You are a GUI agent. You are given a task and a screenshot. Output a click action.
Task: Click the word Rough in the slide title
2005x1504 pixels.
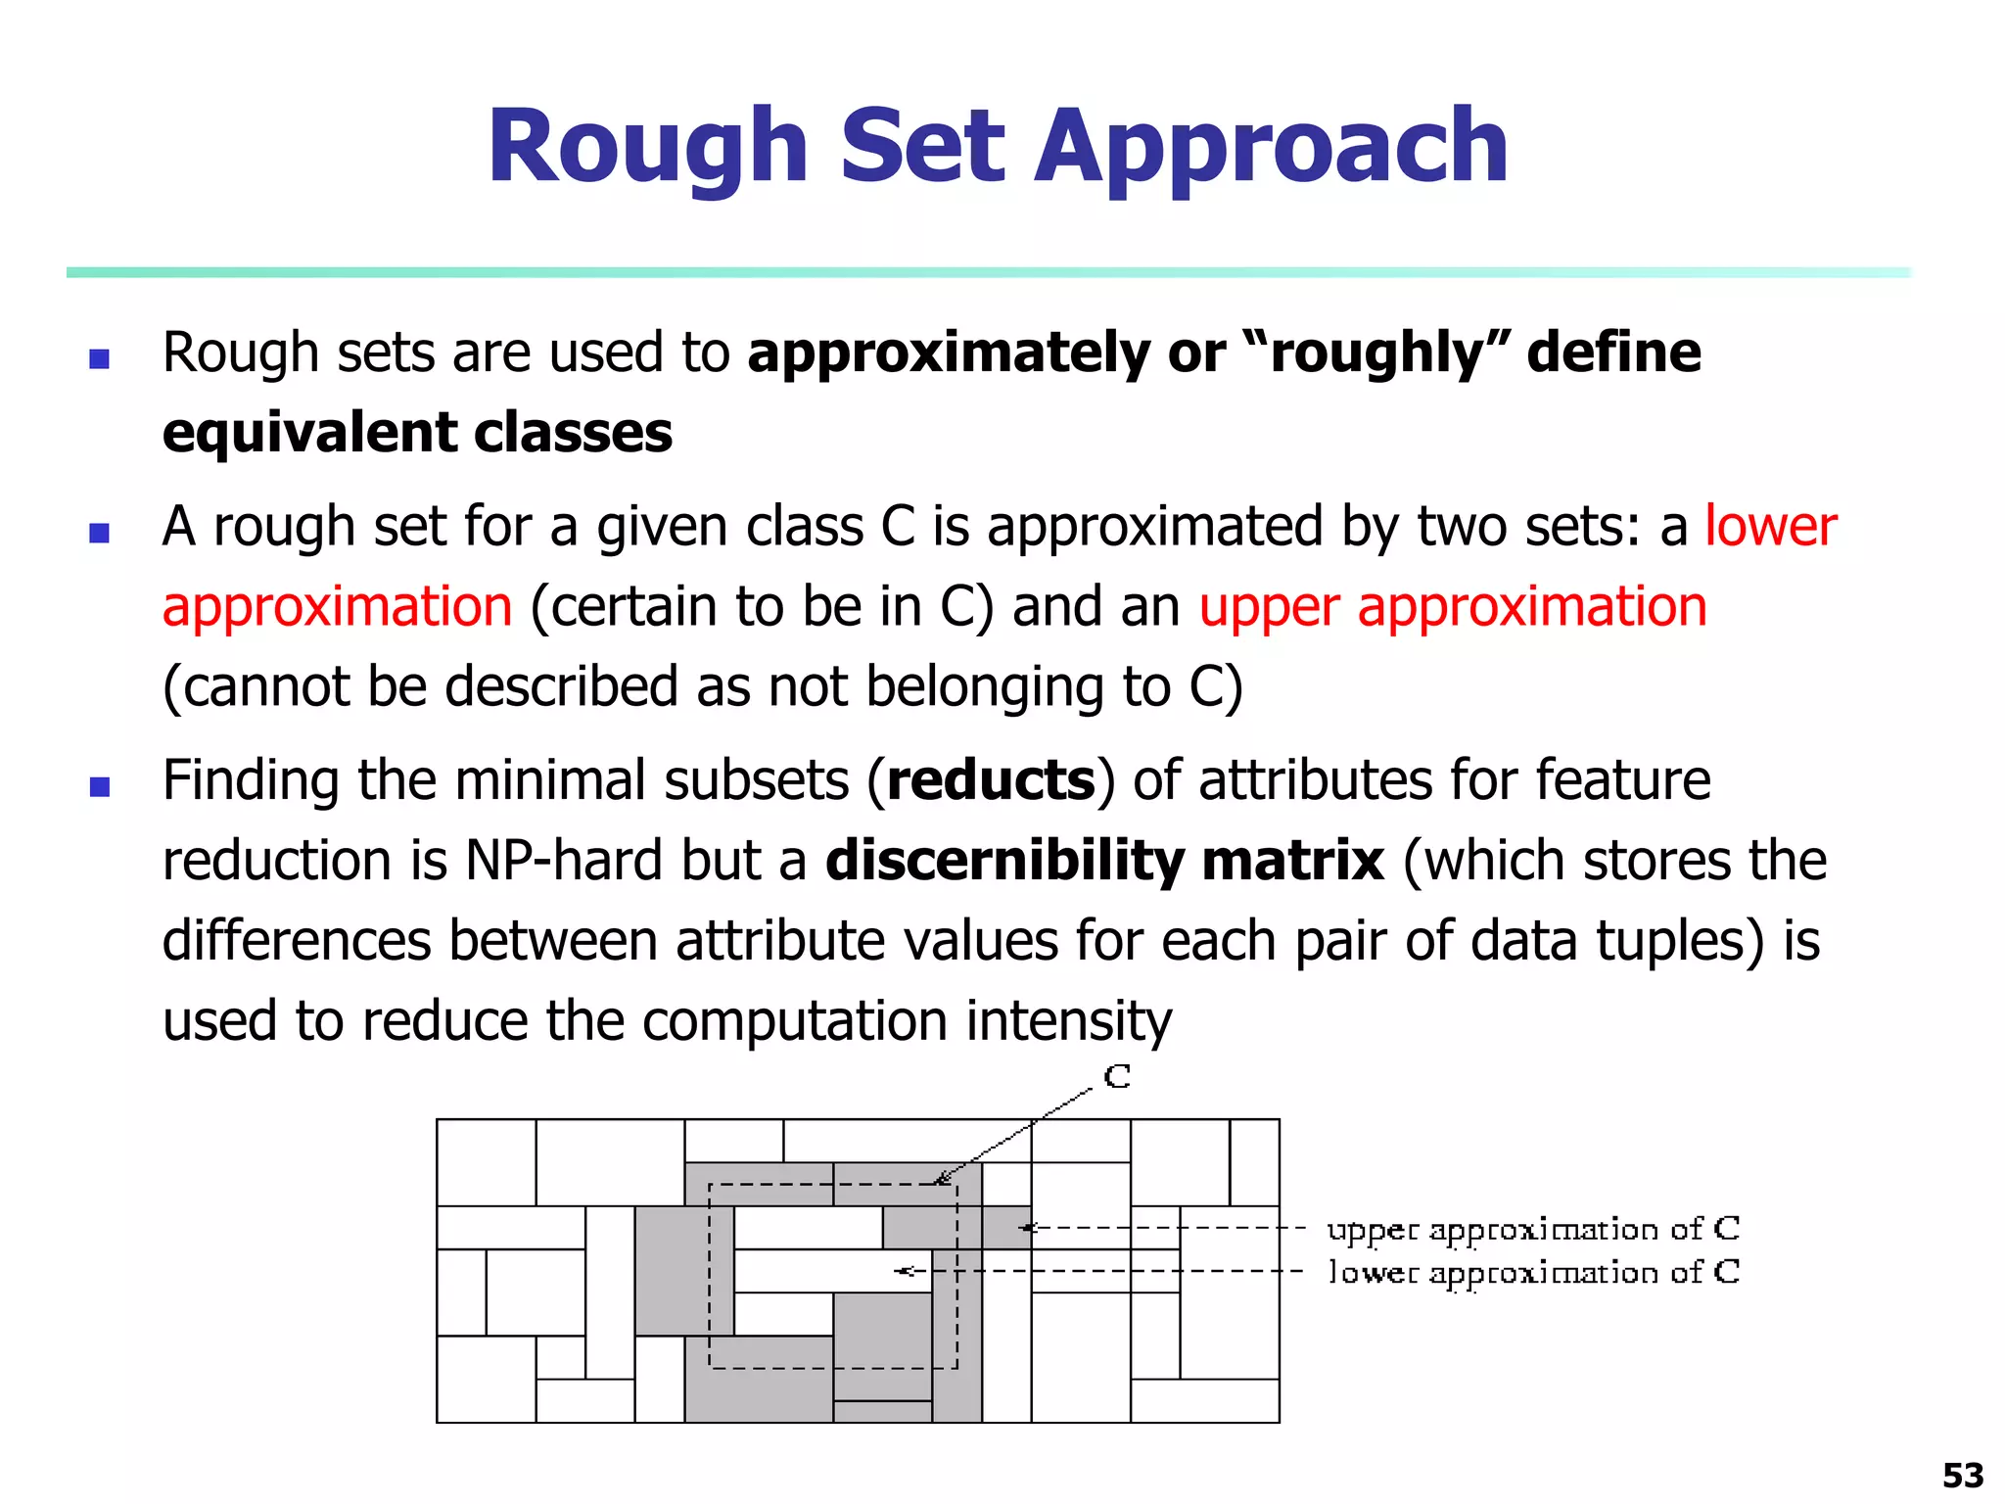click(647, 149)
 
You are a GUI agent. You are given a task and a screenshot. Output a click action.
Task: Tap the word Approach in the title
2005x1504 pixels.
click(1272, 149)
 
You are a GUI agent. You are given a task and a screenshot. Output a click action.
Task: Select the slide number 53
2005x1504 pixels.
click(1962, 1475)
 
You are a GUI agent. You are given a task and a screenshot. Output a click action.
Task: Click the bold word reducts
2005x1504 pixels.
click(991, 780)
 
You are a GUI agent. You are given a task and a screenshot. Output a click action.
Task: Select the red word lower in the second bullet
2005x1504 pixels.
click(1770, 526)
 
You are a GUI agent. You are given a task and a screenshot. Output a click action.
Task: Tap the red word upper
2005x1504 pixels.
click(1269, 607)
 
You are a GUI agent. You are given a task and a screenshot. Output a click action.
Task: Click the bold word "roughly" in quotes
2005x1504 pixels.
click(1376, 352)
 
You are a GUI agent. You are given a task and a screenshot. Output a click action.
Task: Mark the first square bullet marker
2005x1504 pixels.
click(99, 358)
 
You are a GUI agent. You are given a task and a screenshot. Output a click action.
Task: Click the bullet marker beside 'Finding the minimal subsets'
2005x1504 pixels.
click(99, 786)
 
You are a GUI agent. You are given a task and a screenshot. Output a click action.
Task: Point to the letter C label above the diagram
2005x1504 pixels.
click(1117, 1077)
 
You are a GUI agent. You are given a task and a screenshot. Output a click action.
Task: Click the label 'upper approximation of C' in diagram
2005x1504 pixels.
click(1533, 1229)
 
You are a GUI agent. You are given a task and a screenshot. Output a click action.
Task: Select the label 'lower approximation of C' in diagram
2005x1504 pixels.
click(1533, 1272)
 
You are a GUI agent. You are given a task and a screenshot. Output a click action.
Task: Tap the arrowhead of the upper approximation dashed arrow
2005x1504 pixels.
click(1025, 1227)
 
